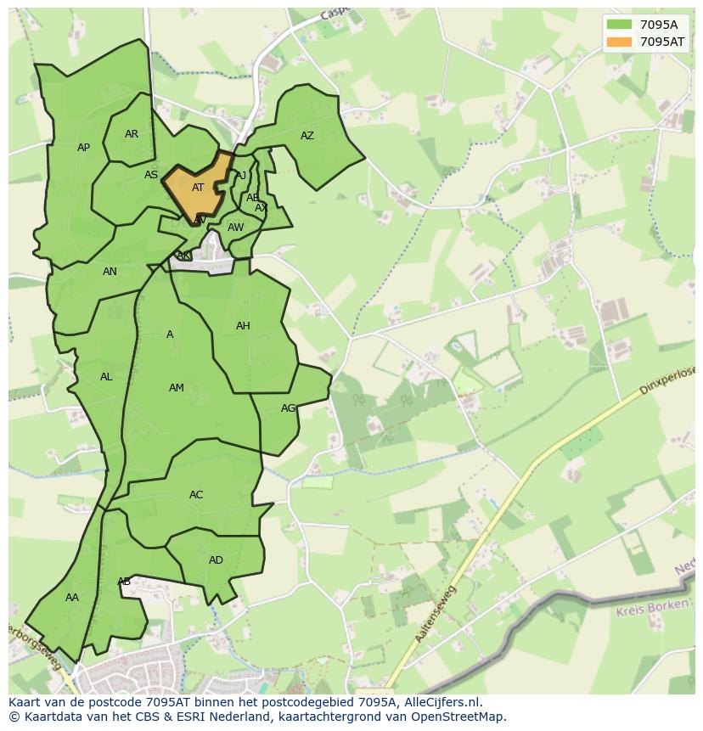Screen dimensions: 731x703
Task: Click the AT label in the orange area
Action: [x=198, y=188]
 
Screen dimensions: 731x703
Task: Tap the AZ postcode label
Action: [x=307, y=136]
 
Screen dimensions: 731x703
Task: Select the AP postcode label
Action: [x=83, y=148]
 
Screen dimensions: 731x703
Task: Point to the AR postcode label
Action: [x=132, y=134]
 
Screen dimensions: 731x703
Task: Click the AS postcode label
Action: [x=151, y=175]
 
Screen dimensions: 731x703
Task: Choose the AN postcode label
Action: [x=110, y=272]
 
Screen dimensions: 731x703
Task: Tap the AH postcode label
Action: [x=243, y=326]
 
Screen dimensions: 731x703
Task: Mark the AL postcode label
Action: [x=106, y=377]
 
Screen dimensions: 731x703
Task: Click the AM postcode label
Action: [x=177, y=388]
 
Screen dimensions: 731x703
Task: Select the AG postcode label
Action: [x=289, y=408]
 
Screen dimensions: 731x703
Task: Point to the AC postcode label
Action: [x=196, y=495]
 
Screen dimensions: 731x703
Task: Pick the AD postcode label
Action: [x=216, y=560]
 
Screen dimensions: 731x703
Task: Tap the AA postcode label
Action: [x=72, y=598]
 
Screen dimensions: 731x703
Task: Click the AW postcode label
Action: [x=235, y=228]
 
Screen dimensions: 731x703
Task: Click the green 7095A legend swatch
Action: [x=620, y=25]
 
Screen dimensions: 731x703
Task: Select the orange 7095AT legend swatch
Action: [x=620, y=42]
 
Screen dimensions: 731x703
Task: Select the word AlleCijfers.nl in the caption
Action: [x=441, y=702]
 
